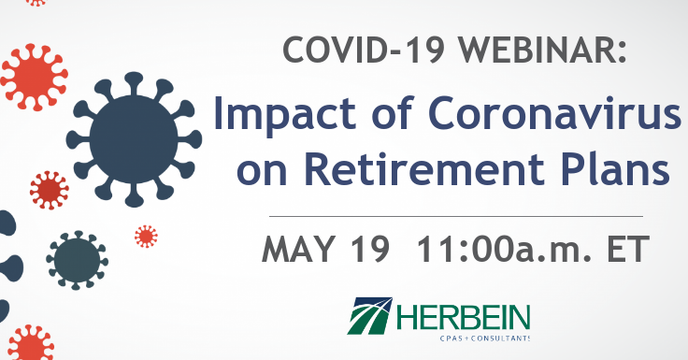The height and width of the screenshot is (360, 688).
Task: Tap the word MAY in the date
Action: [x=306, y=250]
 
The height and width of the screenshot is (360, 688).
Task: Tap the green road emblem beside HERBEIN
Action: [x=371, y=316]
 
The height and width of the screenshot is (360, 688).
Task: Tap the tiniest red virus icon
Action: [x=146, y=236]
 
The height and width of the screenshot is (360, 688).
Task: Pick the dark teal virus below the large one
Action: [x=77, y=256]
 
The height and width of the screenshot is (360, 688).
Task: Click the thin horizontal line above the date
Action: [x=468, y=216]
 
